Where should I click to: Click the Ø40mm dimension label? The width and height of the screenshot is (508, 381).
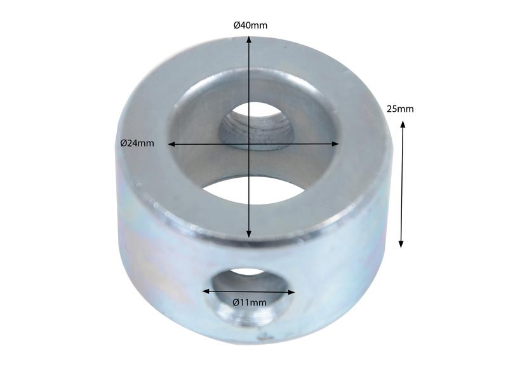pos(250,25)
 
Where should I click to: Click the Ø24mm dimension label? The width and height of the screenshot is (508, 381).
pos(137,143)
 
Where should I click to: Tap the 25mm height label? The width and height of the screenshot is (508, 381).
pos(400,109)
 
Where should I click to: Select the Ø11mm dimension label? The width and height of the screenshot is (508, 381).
pos(250,303)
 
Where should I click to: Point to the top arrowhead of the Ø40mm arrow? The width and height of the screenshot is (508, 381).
pos(248,39)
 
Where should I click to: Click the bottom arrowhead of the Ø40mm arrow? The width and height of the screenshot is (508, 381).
pos(248,234)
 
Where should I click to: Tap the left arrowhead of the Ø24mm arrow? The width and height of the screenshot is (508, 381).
pos(171,144)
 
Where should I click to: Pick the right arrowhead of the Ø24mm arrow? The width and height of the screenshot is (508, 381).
pos(335,144)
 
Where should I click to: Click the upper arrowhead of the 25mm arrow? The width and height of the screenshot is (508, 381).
pos(403,124)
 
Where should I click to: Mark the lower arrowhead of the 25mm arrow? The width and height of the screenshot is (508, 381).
pos(401,244)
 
